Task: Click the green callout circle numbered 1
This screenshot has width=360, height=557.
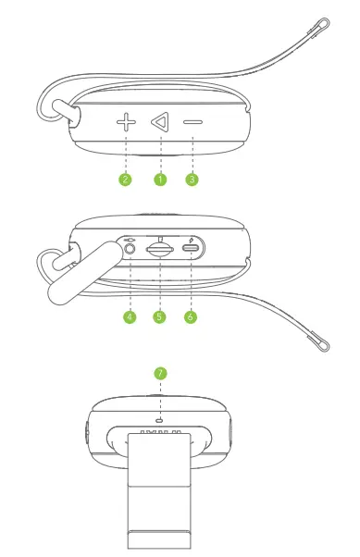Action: (x=159, y=179)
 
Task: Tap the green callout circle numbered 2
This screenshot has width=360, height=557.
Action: (x=126, y=179)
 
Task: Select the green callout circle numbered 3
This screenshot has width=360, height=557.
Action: (x=192, y=179)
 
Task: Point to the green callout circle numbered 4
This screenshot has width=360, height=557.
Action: (x=130, y=317)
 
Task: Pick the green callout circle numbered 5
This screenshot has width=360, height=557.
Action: (x=159, y=317)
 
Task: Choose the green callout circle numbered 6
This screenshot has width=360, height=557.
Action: (x=192, y=317)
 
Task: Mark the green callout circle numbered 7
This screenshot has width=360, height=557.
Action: (x=160, y=373)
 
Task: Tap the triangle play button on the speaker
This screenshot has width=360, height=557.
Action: (x=159, y=121)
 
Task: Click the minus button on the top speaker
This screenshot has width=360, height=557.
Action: (x=192, y=121)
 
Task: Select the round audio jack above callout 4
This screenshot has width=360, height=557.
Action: (x=130, y=248)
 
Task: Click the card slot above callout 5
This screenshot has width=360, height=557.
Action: (x=159, y=249)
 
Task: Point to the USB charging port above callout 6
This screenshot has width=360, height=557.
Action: (x=192, y=249)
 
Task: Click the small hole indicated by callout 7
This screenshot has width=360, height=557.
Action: (x=160, y=419)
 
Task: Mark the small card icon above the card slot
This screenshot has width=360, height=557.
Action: (x=159, y=236)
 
